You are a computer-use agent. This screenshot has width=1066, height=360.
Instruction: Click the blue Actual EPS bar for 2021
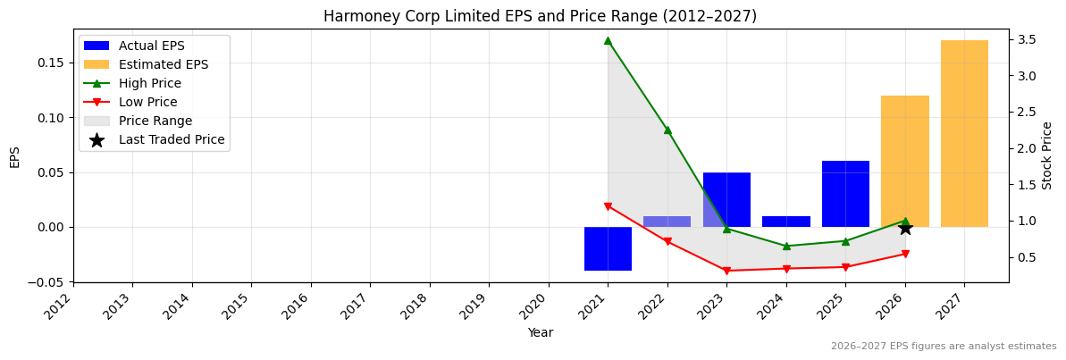point(608,248)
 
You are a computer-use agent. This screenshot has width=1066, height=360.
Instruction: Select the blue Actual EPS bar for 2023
point(726,199)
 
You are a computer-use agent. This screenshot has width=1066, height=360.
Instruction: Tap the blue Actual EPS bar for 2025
point(845,194)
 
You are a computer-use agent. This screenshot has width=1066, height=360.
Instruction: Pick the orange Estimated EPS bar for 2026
point(905,161)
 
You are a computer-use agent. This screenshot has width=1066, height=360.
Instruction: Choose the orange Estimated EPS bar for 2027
point(964,133)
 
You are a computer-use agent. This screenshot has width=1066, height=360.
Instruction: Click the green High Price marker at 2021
point(608,40)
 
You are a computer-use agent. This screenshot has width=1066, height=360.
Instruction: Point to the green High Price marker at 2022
point(667,130)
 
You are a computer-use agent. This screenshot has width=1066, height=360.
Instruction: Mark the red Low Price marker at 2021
point(608,206)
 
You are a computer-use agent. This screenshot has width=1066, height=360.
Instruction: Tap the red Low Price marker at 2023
point(726,271)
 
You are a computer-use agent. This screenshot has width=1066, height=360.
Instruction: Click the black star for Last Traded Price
point(905,228)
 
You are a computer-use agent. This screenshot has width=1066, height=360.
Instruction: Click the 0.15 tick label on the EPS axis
point(52,63)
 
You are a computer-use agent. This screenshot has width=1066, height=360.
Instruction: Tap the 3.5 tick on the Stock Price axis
point(1026,39)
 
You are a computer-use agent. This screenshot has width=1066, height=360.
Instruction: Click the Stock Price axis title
point(1047,155)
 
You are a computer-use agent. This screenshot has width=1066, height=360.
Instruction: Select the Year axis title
point(540,333)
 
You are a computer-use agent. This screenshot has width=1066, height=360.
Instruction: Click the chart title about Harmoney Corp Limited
point(540,16)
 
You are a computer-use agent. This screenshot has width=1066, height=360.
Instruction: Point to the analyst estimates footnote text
point(943,347)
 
